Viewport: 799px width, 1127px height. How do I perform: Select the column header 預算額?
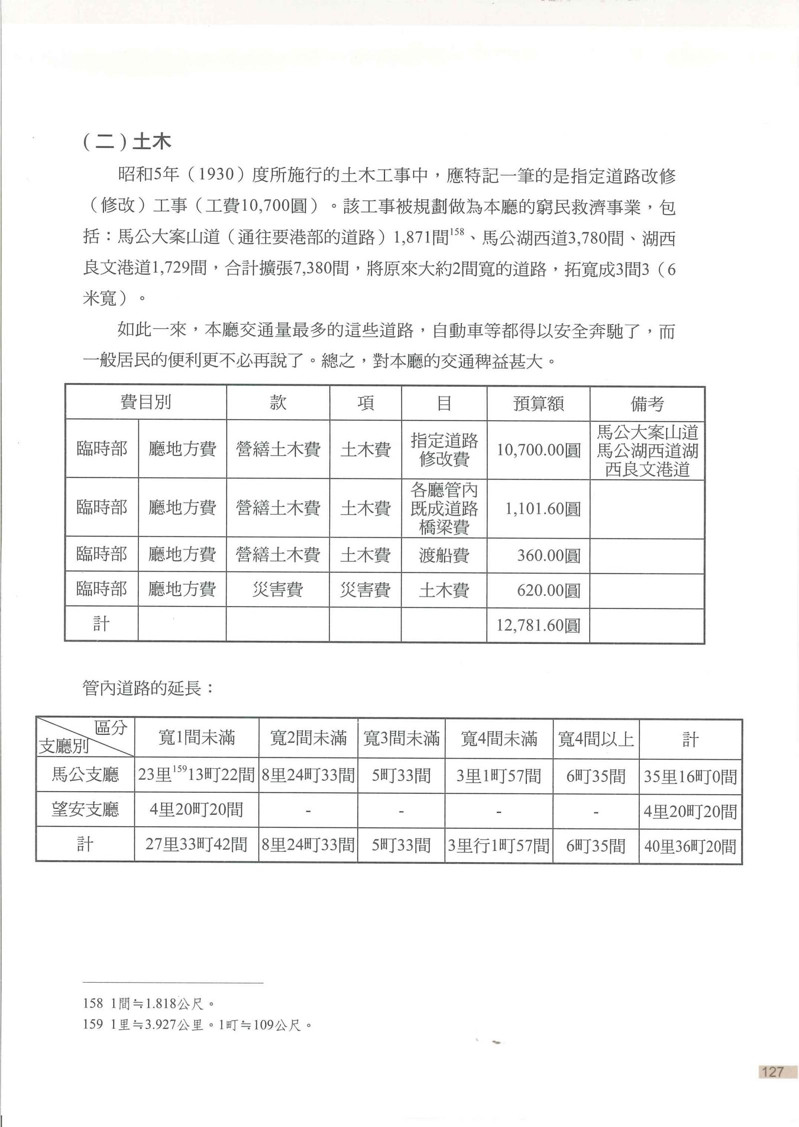(538, 403)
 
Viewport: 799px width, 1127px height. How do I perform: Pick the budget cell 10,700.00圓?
(538, 450)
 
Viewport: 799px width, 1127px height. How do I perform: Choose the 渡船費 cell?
(443, 556)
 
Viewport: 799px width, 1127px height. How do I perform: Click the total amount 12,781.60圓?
(538, 625)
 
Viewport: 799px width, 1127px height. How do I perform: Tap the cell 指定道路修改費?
(443, 450)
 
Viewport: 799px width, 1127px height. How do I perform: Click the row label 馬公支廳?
(85, 775)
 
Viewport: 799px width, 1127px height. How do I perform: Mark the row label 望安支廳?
(85, 809)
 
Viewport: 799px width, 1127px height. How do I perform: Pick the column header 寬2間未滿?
(308, 738)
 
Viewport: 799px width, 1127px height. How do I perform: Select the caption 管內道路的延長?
(148, 688)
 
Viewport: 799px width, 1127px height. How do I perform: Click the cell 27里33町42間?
(196, 845)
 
